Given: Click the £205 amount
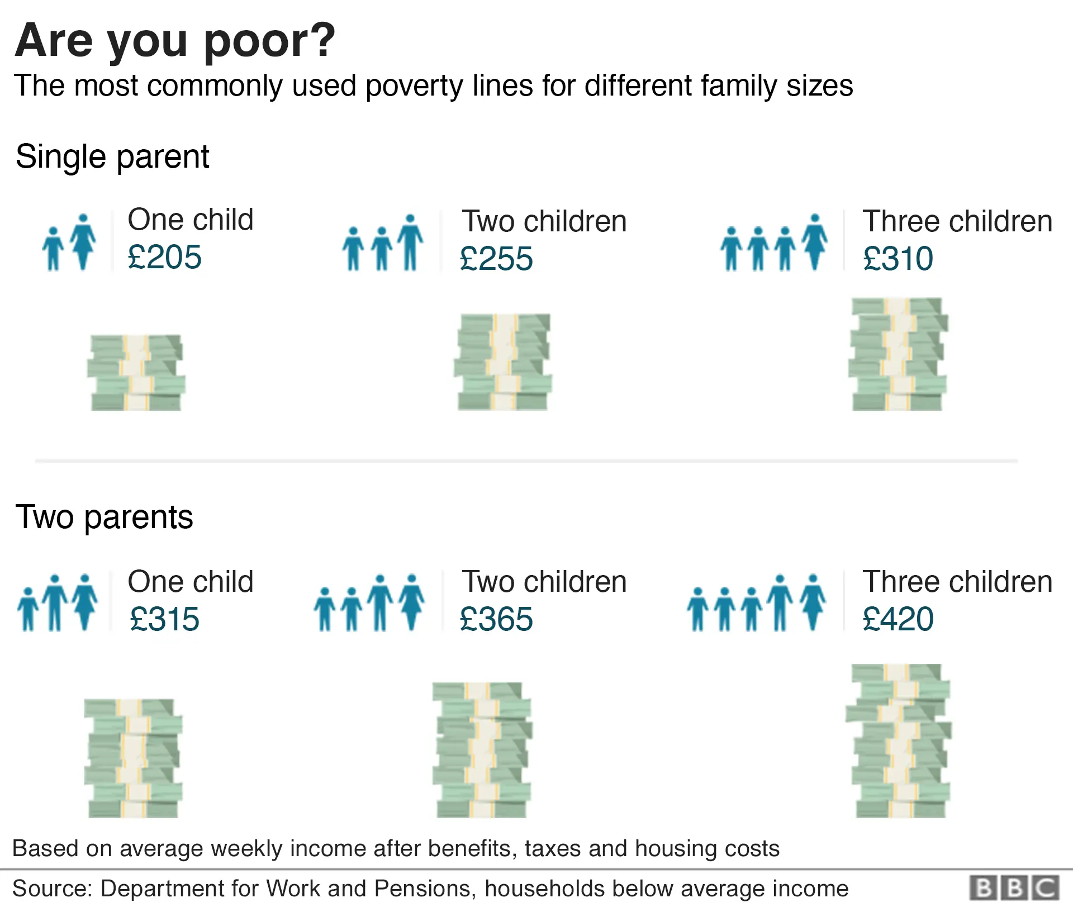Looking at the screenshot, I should pyautogui.click(x=164, y=258).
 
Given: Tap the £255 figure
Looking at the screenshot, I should pyautogui.click(x=496, y=259).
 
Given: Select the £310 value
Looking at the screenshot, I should pyautogui.click(x=898, y=259).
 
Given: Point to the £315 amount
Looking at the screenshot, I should pyautogui.click(x=164, y=620).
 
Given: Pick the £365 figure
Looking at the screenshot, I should pyautogui.click(x=496, y=620).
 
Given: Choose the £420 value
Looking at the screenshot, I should pyautogui.click(x=898, y=619).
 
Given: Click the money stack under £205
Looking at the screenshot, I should pyautogui.click(x=136, y=373).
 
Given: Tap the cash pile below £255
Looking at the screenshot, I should pyautogui.click(x=502, y=362).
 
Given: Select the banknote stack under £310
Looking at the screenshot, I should pyautogui.click(x=898, y=354).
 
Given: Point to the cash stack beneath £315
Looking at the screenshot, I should pyautogui.click(x=133, y=758).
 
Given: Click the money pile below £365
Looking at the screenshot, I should pyautogui.click(x=482, y=750).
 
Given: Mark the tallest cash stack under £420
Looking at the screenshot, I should pyautogui.click(x=899, y=741).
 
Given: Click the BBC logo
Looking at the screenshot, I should pyautogui.click(x=1014, y=889).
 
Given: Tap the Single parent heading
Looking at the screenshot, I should pyautogui.click(x=112, y=157).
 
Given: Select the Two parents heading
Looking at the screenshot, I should pyautogui.click(x=104, y=517).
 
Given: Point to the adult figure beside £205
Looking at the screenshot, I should pyautogui.click(x=83, y=241).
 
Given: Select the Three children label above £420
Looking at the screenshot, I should pyautogui.click(x=957, y=582).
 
